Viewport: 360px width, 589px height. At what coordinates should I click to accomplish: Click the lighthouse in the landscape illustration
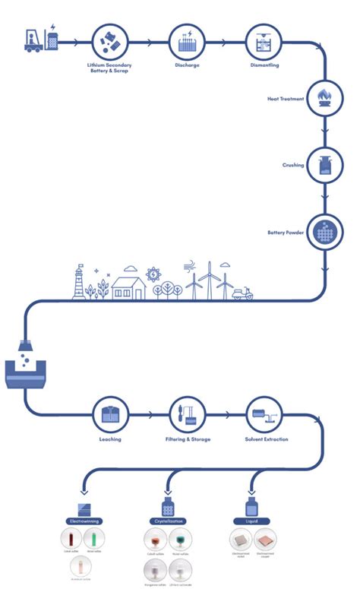pyautogui.click(x=78, y=281)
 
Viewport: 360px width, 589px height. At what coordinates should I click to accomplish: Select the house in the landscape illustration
pyautogui.click(x=128, y=288)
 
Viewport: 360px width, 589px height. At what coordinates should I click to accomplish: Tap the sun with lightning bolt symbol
pyautogui.click(x=153, y=274)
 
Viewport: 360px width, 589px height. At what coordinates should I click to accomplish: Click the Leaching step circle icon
pyautogui.click(x=110, y=414)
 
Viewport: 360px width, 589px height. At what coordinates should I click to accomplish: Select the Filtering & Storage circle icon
pyautogui.click(x=186, y=414)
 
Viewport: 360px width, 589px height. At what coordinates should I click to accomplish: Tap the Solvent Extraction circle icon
pyautogui.click(x=263, y=414)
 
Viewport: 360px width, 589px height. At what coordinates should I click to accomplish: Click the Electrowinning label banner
pyautogui.click(x=84, y=521)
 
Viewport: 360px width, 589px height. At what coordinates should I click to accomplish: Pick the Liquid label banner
pyautogui.click(x=251, y=521)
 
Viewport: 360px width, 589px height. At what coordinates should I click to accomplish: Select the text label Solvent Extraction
pyautogui.click(x=263, y=439)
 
